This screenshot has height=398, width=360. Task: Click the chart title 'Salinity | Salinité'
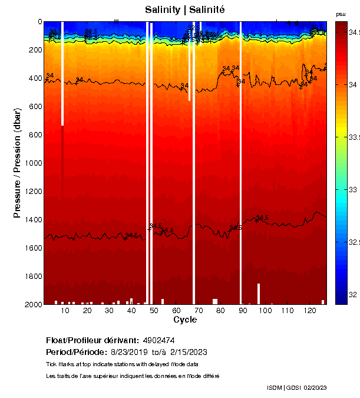tap(184, 10)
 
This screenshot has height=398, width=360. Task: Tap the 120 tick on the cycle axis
tap(309, 310)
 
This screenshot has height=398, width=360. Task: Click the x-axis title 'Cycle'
tap(185, 320)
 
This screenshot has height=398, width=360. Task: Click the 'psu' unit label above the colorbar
tap(341, 14)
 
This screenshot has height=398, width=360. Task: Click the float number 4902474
tap(158, 341)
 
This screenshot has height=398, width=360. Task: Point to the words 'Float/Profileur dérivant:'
tap(93, 341)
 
